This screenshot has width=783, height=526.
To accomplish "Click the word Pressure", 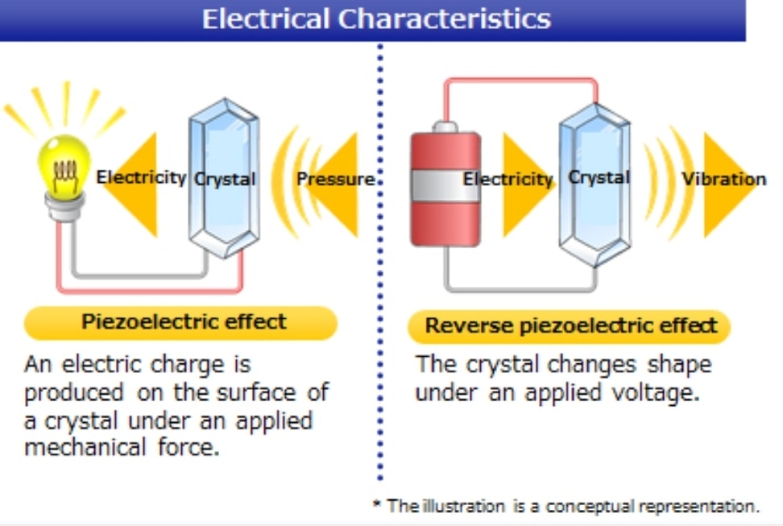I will [335, 179].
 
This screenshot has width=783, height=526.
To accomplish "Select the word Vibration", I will [723, 179].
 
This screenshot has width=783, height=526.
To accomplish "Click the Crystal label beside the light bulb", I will [225, 179].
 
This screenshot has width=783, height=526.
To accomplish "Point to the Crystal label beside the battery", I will [599, 177].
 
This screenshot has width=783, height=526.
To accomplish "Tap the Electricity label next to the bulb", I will [141, 177].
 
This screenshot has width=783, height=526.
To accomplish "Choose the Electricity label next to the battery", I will [507, 179].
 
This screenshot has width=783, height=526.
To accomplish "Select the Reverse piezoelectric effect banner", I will [570, 326].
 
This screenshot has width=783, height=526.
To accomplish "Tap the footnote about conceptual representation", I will [565, 507].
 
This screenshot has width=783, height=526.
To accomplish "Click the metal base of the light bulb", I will [65, 205].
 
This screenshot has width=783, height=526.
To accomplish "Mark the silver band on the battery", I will [445, 186].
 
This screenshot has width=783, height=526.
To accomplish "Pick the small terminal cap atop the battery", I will [445, 126].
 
